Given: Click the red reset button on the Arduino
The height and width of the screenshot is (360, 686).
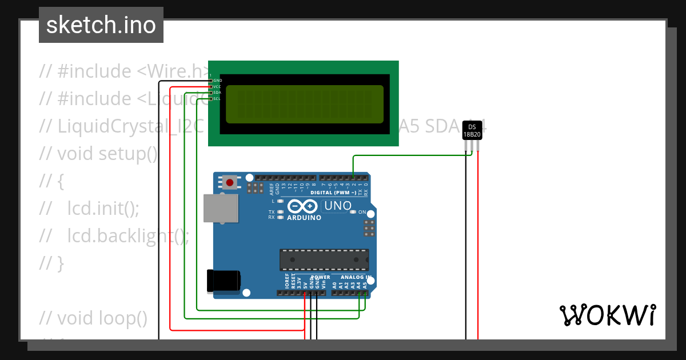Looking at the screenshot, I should (x=230, y=182).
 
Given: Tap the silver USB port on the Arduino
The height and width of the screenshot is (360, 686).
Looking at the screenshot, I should (x=220, y=208).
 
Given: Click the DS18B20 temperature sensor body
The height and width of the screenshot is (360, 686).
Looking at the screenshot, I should (x=472, y=131).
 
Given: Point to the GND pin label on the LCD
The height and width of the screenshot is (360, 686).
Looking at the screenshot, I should (x=217, y=81).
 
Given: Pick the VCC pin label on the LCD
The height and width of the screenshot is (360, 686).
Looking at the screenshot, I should (x=217, y=87).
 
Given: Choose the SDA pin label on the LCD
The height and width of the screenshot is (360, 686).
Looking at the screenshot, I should (x=217, y=93).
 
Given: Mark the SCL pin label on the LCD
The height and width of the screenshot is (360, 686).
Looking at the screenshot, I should (x=217, y=99).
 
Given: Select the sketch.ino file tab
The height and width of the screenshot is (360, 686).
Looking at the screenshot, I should (x=101, y=25).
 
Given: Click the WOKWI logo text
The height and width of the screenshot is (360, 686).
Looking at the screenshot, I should (x=608, y=315).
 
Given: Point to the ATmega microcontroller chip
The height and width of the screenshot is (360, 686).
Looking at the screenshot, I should (x=324, y=259).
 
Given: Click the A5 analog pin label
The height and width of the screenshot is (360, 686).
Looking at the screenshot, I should (x=365, y=283).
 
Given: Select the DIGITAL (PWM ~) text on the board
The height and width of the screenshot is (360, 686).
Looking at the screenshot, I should (x=333, y=193).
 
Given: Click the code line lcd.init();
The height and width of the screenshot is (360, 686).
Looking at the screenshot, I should (x=103, y=208).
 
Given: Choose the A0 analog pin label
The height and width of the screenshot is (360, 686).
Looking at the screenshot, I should (x=334, y=283).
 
